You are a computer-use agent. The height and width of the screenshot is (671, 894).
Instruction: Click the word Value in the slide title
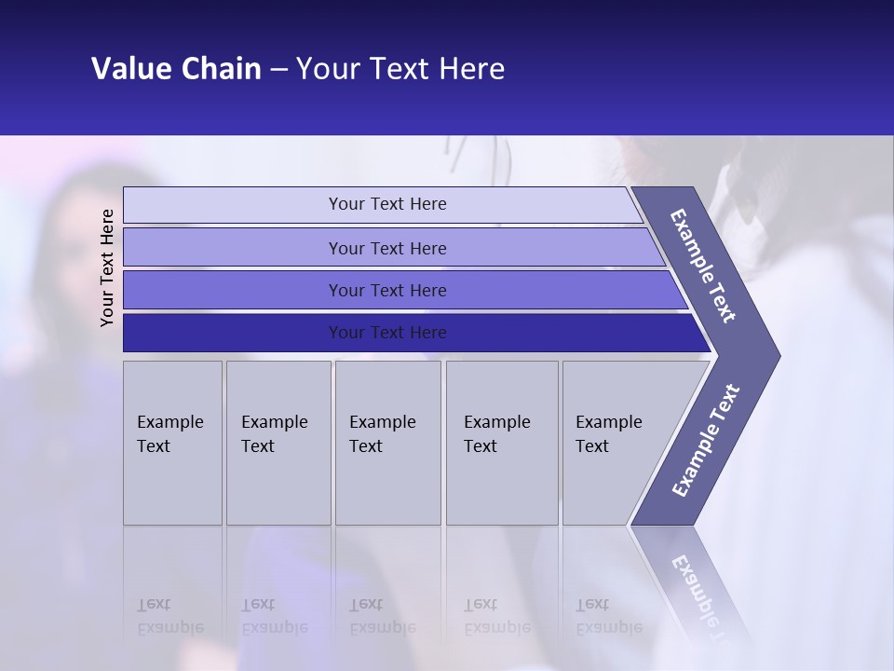(x=129, y=69)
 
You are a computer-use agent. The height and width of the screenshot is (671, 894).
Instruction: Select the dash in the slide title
(x=278, y=70)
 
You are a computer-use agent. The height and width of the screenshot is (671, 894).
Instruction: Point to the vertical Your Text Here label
(x=107, y=268)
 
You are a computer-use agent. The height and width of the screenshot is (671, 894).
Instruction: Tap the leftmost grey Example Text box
(x=172, y=443)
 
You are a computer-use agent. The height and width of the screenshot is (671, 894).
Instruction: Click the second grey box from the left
(x=278, y=443)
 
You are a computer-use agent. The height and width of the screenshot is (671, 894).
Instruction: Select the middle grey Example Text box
(x=387, y=443)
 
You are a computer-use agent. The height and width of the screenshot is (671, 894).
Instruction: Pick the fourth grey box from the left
(x=502, y=443)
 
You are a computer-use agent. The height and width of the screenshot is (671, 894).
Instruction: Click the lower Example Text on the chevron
(x=706, y=441)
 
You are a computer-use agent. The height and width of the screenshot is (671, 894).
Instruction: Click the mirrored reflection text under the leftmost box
(x=169, y=616)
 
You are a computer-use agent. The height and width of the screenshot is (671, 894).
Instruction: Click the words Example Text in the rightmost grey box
(x=608, y=433)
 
